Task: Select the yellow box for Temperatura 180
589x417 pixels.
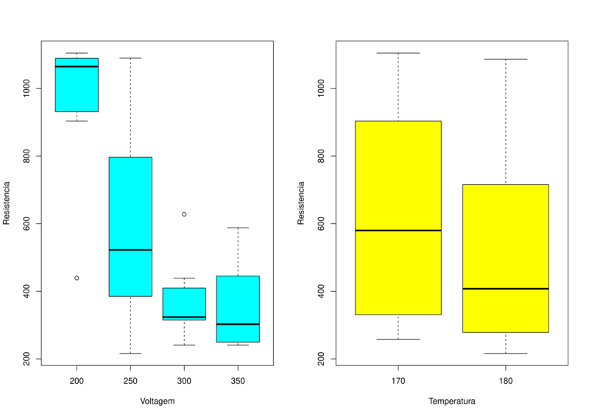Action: (x=506, y=243)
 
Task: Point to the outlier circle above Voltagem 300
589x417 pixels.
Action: (x=184, y=214)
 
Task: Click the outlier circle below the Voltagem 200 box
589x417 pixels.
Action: (x=77, y=278)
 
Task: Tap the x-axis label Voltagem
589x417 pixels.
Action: (x=157, y=402)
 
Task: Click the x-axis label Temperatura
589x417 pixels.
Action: (x=451, y=402)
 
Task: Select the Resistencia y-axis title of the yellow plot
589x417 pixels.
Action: (x=301, y=203)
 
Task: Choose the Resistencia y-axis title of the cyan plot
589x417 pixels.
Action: (x=7, y=203)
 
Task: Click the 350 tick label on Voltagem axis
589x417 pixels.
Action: (x=238, y=382)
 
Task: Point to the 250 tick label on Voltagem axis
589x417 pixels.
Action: (x=130, y=382)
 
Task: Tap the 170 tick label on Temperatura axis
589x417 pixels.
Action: (x=398, y=382)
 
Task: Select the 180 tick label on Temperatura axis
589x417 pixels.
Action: (x=506, y=382)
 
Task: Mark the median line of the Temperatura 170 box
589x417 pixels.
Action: (x=398, y=231)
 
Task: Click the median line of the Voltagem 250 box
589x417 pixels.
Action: (x=130, y=250)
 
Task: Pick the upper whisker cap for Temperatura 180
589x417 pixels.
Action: (x=506, y=59)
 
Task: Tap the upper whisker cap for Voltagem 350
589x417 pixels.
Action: (x=238, y=228)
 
